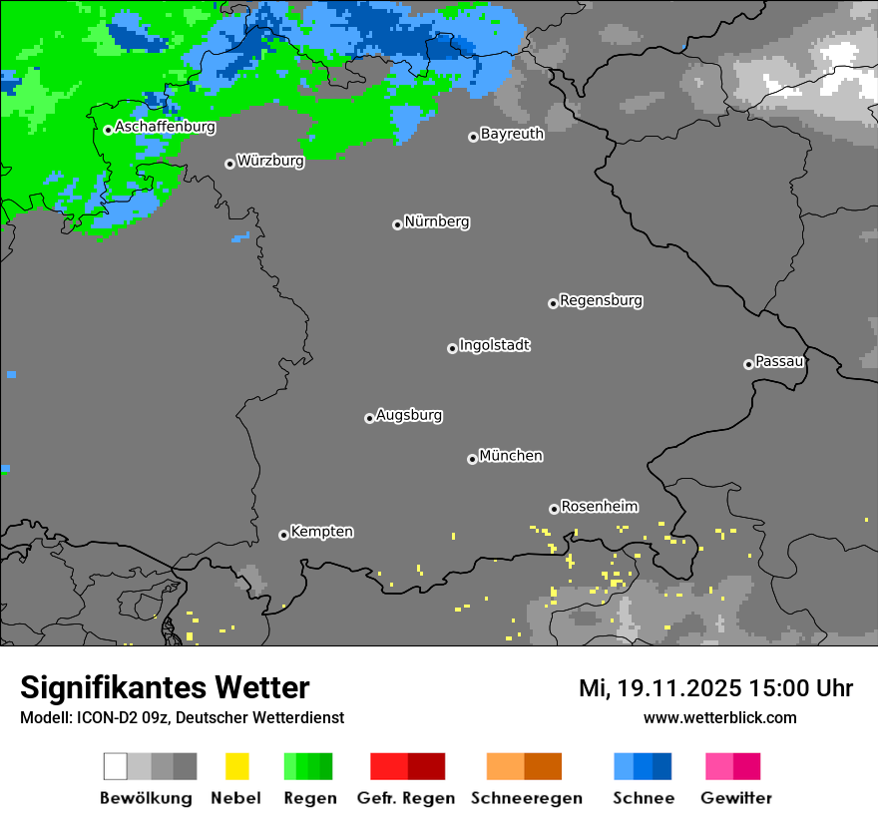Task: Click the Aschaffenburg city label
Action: (x=165, y=127)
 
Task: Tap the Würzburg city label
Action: (x=270, y=161)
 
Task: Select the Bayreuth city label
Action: (x=512, y=134)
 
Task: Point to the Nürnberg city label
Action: (x=437, y=221)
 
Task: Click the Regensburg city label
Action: (x=601, y=300)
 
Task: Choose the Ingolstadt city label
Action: (x=495, y=345)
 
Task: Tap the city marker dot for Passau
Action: (x=748, y=364)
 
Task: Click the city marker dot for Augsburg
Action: (x=369, y=418)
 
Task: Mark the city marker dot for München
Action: (x=472, y=459)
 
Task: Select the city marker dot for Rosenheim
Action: (x=554, y=509)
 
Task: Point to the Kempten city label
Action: (x=321, y=532)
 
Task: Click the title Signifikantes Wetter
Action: (x=165, y=687)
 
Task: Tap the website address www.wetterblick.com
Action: (x=719, y=717)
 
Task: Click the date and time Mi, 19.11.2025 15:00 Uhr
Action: (x=715, y=688)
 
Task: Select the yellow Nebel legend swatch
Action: (x=236, y=766)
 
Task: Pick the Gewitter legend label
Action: (x=736, y=798)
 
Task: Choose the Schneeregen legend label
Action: (x=526, y=798)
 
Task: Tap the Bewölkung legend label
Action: (x=146, y=798)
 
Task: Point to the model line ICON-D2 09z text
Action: (x=182, y=717)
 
